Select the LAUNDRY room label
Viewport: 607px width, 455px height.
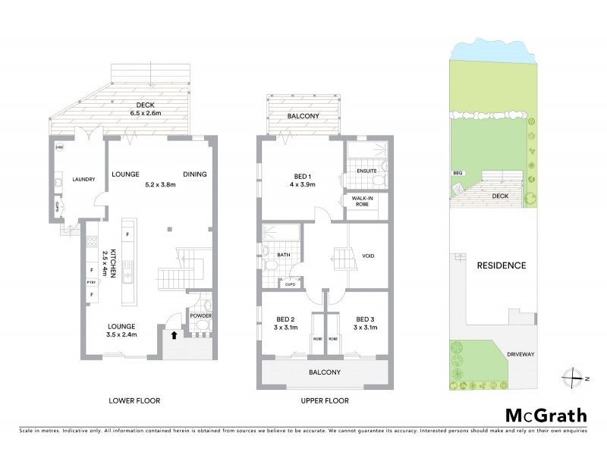coord(83,180)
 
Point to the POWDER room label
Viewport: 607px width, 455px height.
coord(200,315)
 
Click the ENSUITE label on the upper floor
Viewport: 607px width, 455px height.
coord(368,171)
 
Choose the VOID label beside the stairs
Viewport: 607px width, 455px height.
coord(370,256)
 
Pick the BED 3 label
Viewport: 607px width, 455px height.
coord(364,319)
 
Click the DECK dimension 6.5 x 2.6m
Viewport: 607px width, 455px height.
coord(145,112)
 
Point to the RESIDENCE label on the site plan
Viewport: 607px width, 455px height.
coord(502,266)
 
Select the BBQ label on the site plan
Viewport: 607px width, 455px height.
coord(458,173)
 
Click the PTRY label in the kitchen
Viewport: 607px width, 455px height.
coord(90,284)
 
